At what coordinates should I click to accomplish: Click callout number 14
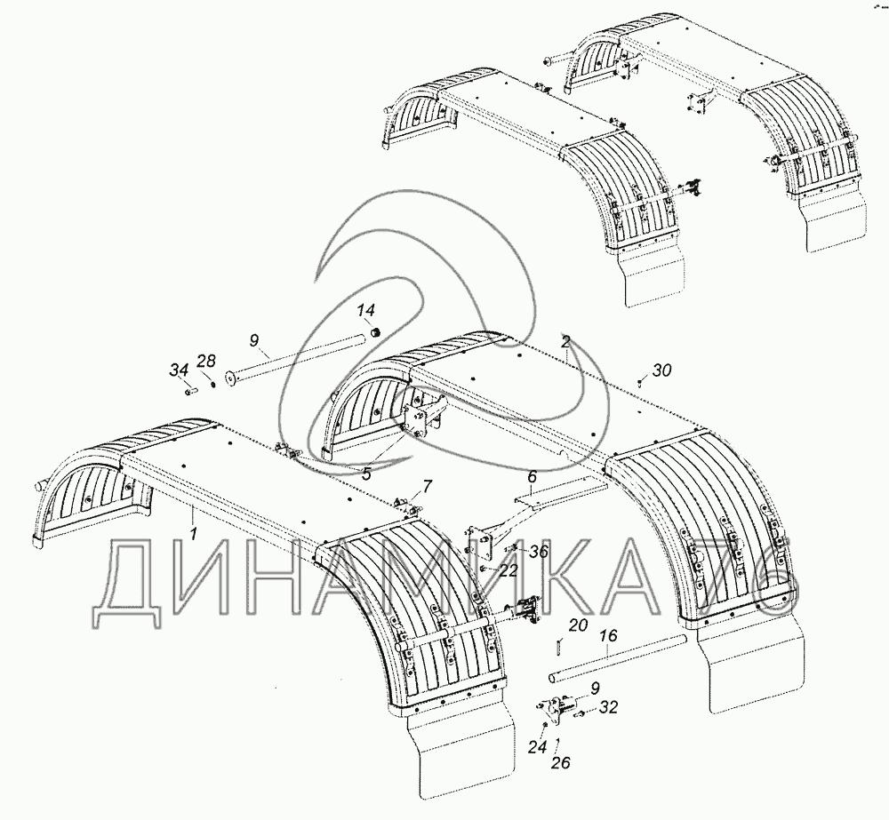[x=365, y=311]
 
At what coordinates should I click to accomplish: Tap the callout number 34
[x=180, y=370]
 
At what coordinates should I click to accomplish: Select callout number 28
[x=206, y=361]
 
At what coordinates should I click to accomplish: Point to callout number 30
[x=661, y=370]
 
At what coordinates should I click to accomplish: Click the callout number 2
[x=565, y=341]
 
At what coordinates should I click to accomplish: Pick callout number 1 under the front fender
[x=194, y=533]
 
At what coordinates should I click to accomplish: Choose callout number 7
[x=427, y=486]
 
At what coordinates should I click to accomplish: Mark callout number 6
[x=532, y=477]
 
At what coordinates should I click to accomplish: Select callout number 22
[x=508, y=570]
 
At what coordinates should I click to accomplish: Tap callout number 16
[x=607, y=636]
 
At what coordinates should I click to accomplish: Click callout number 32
[x=608, y=708]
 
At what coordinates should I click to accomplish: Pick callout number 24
[x=538, y=747]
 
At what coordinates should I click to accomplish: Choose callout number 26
[x=560, y=763]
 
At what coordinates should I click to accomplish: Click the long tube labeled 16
[x=618, y=658]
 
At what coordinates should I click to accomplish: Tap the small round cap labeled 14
[x=374, y=331]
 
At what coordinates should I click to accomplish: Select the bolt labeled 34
[x=190, y=390]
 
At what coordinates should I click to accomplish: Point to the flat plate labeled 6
[x=561, y=490]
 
